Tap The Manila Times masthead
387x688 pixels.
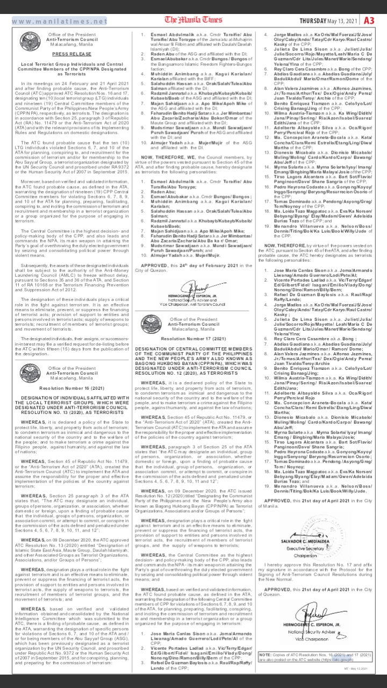193,21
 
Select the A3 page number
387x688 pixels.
369,20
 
